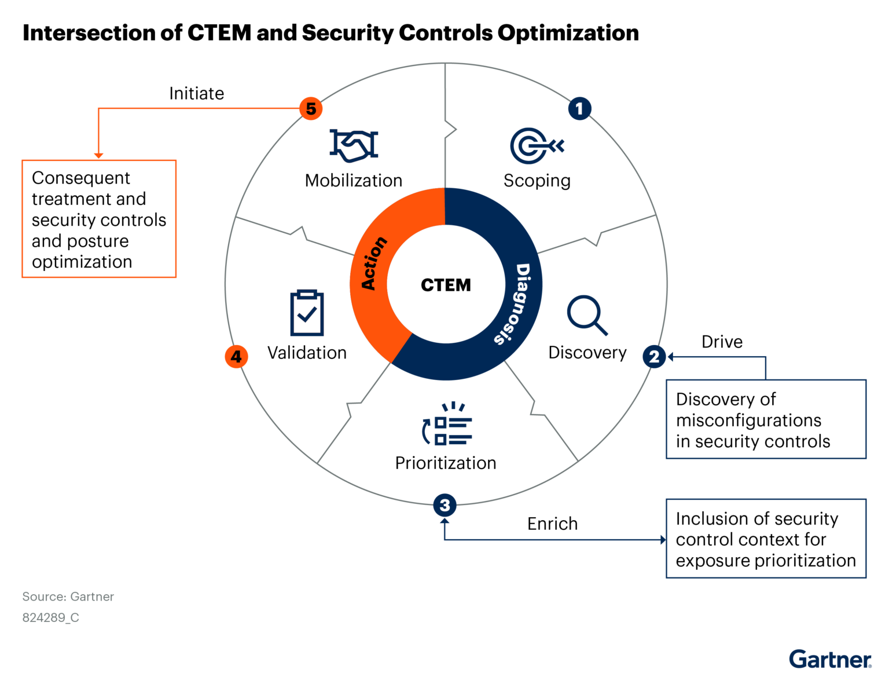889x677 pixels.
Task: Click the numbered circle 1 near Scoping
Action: pos(579,108)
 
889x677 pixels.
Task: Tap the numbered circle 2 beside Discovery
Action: pos(654,356)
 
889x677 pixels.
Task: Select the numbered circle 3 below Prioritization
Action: pos(444,505)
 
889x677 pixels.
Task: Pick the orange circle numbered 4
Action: pos(236,356)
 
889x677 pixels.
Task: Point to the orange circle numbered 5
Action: pos(311,108)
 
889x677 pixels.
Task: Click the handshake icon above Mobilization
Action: pos(354,145)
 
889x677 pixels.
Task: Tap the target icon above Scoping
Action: pos(536,145)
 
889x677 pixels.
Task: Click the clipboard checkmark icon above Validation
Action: pos(307,313)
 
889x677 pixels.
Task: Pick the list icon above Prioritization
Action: pos(447,424)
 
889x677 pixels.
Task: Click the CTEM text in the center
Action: pos(446,285)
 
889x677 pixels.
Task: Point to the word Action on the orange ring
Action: pos(373,263)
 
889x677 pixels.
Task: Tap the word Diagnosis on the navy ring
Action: pos(513,304)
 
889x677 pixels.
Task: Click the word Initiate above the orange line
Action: pos(196,93)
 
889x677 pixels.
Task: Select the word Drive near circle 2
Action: pos(722,342)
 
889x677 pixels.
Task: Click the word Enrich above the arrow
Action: pos(552,524)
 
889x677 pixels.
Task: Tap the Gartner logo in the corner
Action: pos(829,659)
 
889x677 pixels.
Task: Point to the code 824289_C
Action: pos(50,617)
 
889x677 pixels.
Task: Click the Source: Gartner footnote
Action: pos(68,597)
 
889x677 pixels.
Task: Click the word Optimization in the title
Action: pos(568,33)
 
